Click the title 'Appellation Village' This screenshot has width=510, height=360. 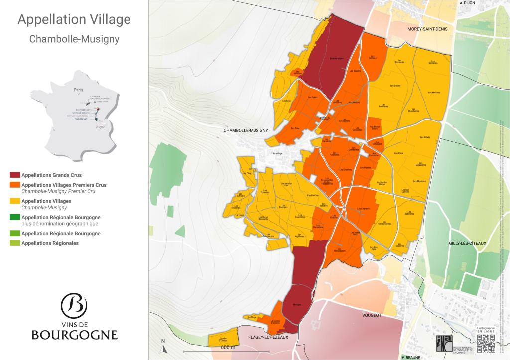[x=74, y=20]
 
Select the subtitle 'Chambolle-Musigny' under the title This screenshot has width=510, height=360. [x=74, y=39]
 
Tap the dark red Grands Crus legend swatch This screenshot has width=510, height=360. [x=15, y=175]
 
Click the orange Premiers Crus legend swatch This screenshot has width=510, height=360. [x=15, y=185]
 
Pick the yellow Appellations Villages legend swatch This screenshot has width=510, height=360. [x=15, y=201]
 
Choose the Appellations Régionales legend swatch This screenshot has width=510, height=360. [x=15, y=243]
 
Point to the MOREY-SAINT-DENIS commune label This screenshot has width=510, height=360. [x=428, y=29]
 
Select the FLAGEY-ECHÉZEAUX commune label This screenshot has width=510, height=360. [x=268, y=337]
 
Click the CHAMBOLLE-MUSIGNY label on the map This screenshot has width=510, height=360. [x=247, y=131]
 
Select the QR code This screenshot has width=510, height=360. [x=486, y=344]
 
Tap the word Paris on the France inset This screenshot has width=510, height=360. [x=78, y=90]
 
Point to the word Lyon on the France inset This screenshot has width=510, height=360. [x=102, y=127]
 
